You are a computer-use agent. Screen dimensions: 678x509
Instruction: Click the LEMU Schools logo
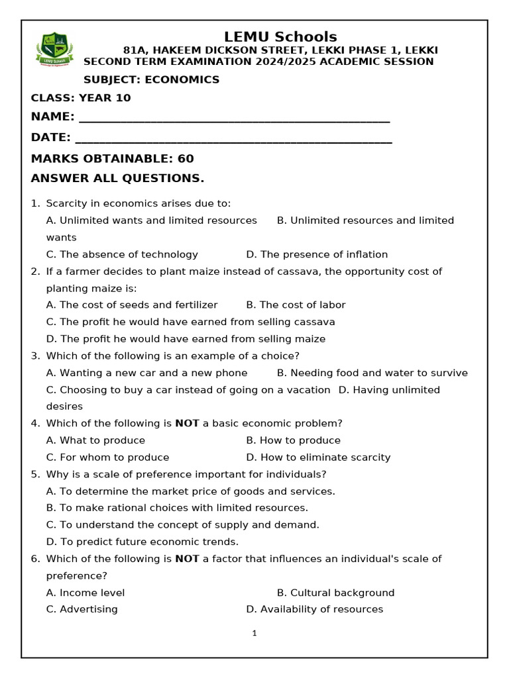tap(54, 50)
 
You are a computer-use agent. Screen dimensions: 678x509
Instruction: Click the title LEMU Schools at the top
tap(280, 37)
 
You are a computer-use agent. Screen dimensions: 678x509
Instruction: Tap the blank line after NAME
tap(234, 119)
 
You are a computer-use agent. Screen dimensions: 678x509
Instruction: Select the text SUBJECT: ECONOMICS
tap(151, 79)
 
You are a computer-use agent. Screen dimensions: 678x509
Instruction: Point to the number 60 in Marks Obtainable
tap(186, 159)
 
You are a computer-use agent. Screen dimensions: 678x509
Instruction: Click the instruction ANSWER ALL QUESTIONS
tap(118, 179)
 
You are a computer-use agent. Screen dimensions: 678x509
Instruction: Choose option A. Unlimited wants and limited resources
tap(152, 220)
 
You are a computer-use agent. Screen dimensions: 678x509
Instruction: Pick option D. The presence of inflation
tap(317, 254)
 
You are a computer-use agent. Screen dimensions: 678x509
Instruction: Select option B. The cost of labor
tap(296, 305)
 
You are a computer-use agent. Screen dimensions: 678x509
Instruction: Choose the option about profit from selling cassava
tap(191, 322)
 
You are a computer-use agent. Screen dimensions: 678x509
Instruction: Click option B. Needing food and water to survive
tap(372, 373)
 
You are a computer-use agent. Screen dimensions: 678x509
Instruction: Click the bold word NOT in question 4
tap(187, 424)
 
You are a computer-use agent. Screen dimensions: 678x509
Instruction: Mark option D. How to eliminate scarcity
tap(318, 458)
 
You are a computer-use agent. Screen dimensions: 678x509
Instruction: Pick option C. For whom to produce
tap(108, 458)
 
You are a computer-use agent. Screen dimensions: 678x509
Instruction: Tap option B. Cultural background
tap(335, 593)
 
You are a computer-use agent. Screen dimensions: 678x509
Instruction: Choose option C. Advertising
tap(82, 609)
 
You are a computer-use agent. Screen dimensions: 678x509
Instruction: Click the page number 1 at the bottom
tap(254, 634)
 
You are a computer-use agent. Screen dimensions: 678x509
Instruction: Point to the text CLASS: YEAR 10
tap(81, 98)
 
